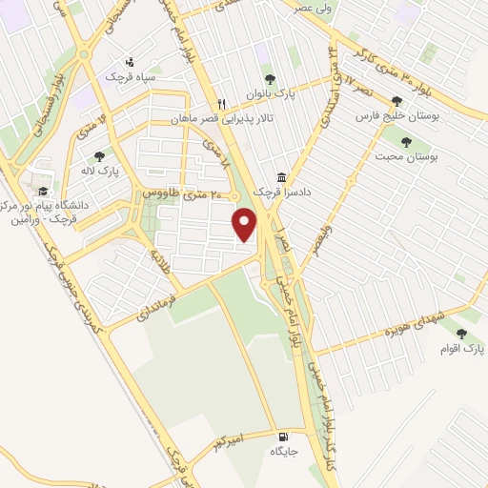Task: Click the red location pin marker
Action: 246,223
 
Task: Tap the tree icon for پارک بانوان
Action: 270,79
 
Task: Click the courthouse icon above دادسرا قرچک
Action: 280,177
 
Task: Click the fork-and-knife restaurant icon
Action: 221,104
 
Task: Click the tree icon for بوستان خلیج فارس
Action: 396,101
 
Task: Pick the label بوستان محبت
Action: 407,156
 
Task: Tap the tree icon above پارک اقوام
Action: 462,334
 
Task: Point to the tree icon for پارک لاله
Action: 100,156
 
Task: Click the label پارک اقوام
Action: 462,349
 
